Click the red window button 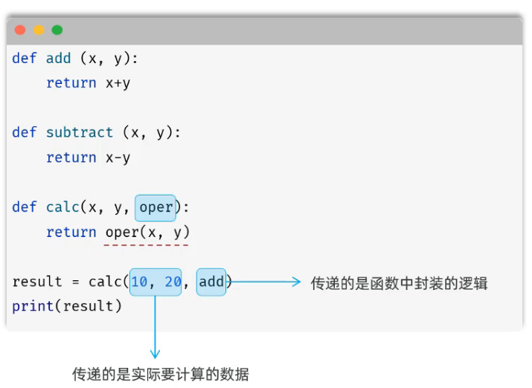[x=20, y=30]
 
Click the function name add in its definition [x=59, y=59]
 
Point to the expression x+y [x=118, y=83]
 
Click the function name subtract [x=80, y=133]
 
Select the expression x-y [x=118, y=158]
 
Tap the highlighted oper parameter [x=156, y=207]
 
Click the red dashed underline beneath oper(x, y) [x=147, y=245]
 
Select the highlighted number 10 [x=139, y=282]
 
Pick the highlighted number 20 [x=173, y=282]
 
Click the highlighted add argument [x=211, y=282]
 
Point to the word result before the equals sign [x=37, y=282]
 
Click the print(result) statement [x=67, y=306]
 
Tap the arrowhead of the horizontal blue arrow [x=296, y=282]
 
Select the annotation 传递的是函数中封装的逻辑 [x=399, y=283]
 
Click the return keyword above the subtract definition [x=71, y=83]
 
